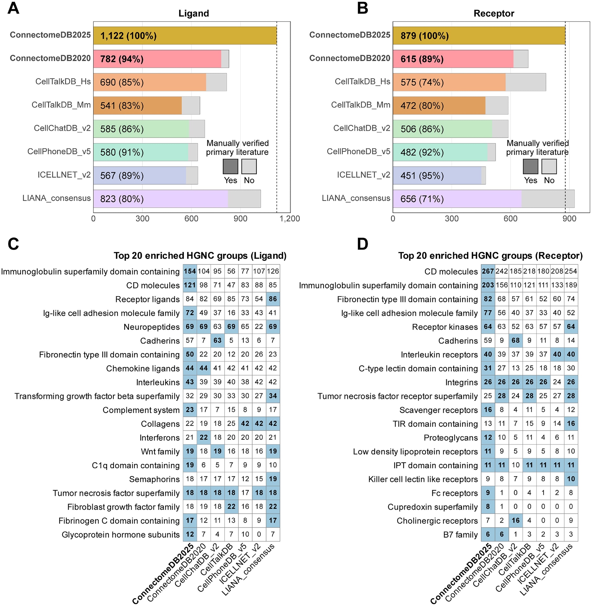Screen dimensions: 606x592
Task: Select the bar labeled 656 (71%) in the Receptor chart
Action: [x=457, y=199]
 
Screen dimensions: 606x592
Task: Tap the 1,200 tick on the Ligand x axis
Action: [x=289, y=219]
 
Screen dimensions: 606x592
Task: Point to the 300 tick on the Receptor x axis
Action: [x=451, y=219]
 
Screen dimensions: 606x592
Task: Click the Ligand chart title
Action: [x=193, y=13]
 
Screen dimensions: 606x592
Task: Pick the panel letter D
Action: [x=363, y=244]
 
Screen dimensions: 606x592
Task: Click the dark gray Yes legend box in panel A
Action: [x=230, y=167]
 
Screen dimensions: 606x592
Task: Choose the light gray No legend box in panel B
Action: [x=549, y=167]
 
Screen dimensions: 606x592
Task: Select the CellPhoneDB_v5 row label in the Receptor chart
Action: [x=358, y=152]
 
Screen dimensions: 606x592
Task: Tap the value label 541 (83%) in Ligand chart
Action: [x=122, y=106]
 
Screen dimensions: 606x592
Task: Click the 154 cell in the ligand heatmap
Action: [x=190, y=271]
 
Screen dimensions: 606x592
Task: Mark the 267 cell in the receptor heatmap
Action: [x=488, y=271]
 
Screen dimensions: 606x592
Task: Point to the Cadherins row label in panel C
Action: [x=160, y=341]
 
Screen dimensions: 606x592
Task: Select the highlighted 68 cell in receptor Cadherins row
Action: [x=516, y=340]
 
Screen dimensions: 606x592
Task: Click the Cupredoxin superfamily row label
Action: [x=433, y=507]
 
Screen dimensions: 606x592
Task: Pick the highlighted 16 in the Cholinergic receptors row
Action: [x=516, y=521]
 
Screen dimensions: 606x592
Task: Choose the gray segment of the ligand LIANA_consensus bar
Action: [x=244, y=199]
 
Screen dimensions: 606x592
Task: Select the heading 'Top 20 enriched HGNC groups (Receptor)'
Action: [x=490, y=256]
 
